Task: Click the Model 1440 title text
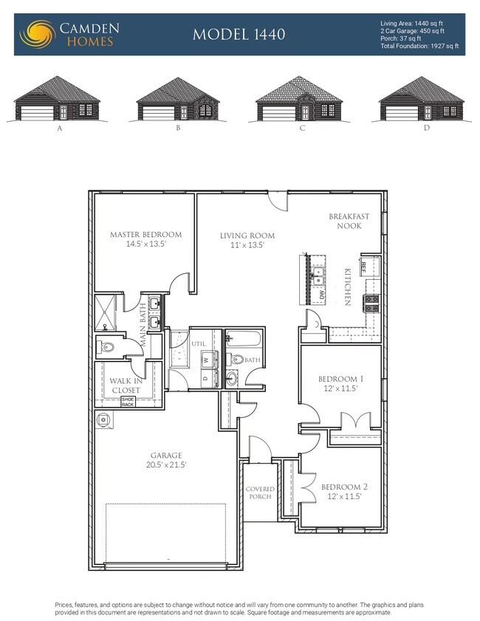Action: [x=239, y=34]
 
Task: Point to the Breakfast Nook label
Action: [x=345, y=221]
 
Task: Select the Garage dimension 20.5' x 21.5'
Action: [x=166, y=465]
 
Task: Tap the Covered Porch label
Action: [x=260, y=493]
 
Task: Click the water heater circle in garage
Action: [x=103, y=419]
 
